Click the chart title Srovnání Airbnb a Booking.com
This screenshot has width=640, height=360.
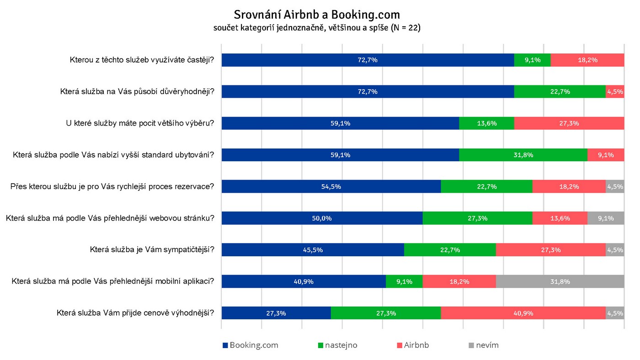click(x=317, y=15)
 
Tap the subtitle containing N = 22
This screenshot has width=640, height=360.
click(x=317, y=28)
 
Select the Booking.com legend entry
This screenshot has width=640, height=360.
click(x=251, y=345)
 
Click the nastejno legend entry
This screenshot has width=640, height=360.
click(x=337, y=345)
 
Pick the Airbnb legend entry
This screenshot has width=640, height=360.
click(x=413, y=345)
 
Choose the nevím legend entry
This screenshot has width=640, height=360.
click(x=484, y=345)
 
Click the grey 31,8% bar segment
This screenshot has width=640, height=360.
click(x=560, y=281)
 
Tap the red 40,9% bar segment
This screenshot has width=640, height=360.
click(x=523, y=313)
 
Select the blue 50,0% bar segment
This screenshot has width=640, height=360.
click(x=322, y=218)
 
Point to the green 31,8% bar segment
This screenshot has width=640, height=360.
click(x=523, y=155)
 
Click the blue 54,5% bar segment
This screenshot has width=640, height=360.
click(x=331, y=186)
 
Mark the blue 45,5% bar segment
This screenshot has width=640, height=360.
click(x=313, y=250)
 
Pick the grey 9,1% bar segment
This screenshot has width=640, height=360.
click(x=606, y=218)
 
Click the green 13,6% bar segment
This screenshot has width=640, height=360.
click(x=486, y=123)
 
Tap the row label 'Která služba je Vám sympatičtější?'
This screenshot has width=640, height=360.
click(x=152, y=250)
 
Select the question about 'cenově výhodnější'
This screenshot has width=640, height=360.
click(x=135, y=313)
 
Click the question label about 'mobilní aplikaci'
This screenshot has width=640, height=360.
click(x=113, y=281)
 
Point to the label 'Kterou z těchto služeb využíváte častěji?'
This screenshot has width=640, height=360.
click(x=142, y=60)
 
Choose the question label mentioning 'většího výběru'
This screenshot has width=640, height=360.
click(x=140, y=123)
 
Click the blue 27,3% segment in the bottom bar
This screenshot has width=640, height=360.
click(x=276, y=313)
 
